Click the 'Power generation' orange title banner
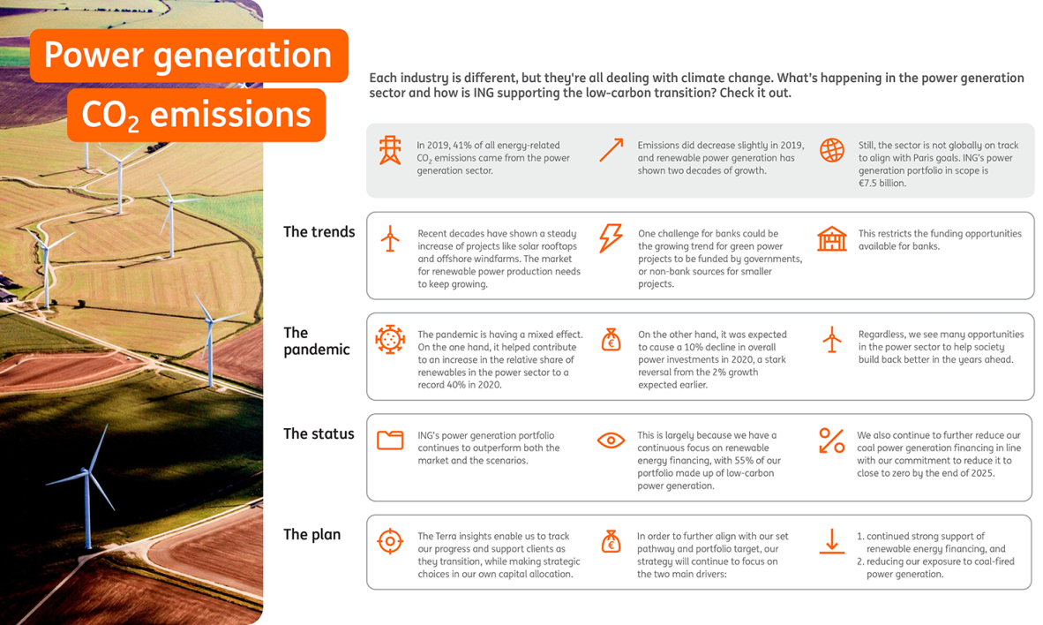(x=189, y=56)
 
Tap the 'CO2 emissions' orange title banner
(x=196, y=115)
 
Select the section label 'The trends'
(x=319, y=231)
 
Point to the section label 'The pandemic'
(x=317, y=341)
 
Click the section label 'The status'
(x=319, y=434)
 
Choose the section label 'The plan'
(x=312, y=534)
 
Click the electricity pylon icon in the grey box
(x=390, y=150)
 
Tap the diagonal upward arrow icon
(x=612, y=150)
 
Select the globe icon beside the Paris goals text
(x=831, y=150)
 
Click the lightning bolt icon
(x=611, y=238)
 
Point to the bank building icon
(x=831, y=238)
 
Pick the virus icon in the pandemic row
(x=390, y=340)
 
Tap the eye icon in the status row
(x=611, y=440)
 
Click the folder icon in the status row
(x=390, y=440)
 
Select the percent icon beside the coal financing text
(x=831, y=441)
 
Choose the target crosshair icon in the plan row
(x=390, y=541)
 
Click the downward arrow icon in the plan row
(x=831, y=541)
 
